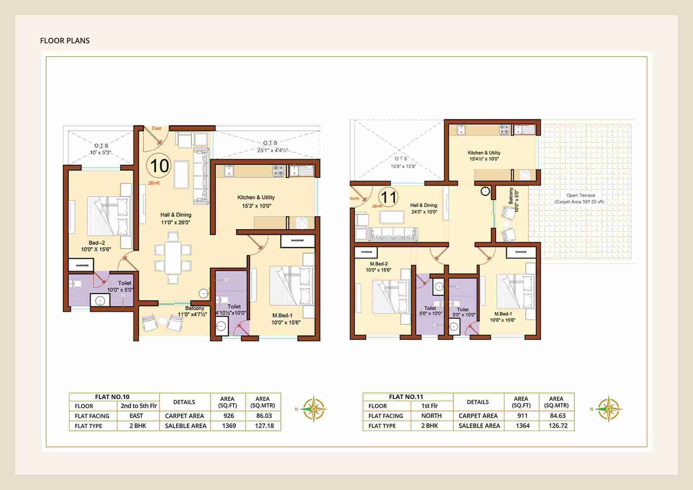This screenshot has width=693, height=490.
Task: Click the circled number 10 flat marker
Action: tap(159, 166)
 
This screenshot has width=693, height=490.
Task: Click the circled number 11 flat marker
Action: tap(388, 197)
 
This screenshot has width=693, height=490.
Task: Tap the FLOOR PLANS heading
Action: tap(65, 41)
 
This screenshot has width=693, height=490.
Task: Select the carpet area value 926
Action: tap(228, 416)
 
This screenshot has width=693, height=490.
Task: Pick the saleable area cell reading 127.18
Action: tap(264, 426)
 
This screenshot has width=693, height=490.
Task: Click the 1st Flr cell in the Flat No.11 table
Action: tap(429, 406)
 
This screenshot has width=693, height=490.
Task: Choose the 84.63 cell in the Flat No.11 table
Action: tap(558, 416)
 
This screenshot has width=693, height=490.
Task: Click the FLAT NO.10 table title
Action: tap(112, 397)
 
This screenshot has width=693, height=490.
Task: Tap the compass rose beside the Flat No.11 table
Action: tap(608, 409)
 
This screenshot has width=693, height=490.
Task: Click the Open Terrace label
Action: tap(580, 195)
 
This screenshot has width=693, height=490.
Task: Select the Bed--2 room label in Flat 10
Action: tap(96, 243)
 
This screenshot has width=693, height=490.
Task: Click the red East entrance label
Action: tap(156, 128)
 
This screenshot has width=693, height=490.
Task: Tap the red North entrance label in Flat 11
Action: tap(354, 198)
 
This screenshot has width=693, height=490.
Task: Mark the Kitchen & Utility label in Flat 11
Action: tap(484, 153)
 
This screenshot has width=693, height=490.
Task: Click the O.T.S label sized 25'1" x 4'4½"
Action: tap(271, 143)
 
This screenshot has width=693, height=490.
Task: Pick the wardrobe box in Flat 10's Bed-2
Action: tap(81, 265)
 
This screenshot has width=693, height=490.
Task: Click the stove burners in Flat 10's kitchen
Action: tap(279, 171)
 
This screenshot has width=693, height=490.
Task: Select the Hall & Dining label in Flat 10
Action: tap(176, 215)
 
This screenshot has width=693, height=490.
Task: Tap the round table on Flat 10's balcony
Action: tap(162, 321)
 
